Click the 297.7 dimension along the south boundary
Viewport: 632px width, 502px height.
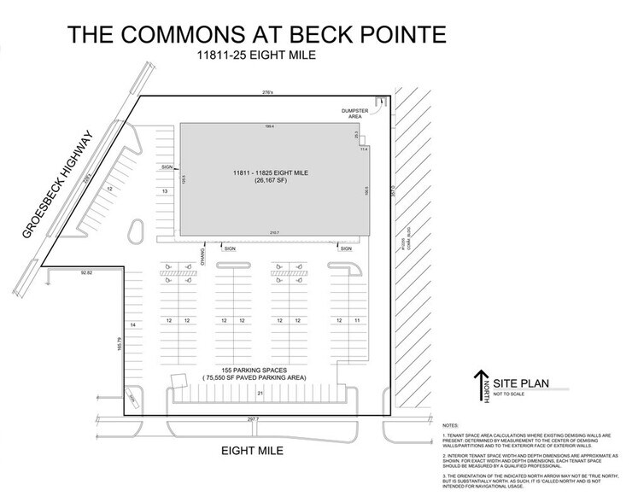(253, 419)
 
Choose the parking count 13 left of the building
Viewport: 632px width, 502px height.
(164, 192)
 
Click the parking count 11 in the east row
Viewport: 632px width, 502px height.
(356, 320)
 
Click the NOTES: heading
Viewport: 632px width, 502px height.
(453, 423)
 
